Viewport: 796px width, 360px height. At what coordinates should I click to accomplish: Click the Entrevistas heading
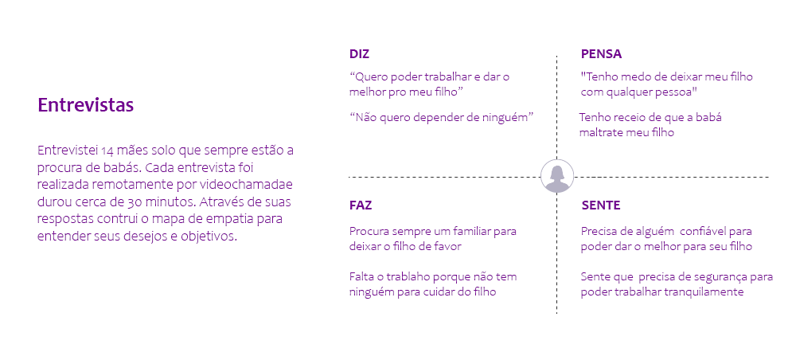[x=85, y=105]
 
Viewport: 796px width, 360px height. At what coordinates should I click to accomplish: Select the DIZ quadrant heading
[x=359, y=54]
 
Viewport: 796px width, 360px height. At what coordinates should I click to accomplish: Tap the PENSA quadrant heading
[x=601, y=54]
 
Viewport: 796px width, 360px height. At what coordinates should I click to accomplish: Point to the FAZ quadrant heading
[x=360, y=205]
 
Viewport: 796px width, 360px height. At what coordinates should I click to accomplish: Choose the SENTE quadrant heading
[x=600, y=205]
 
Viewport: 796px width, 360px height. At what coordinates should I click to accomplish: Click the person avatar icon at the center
[x=557, y=176]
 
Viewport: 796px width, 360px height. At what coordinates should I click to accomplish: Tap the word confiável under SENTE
[x=697, y=232]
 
